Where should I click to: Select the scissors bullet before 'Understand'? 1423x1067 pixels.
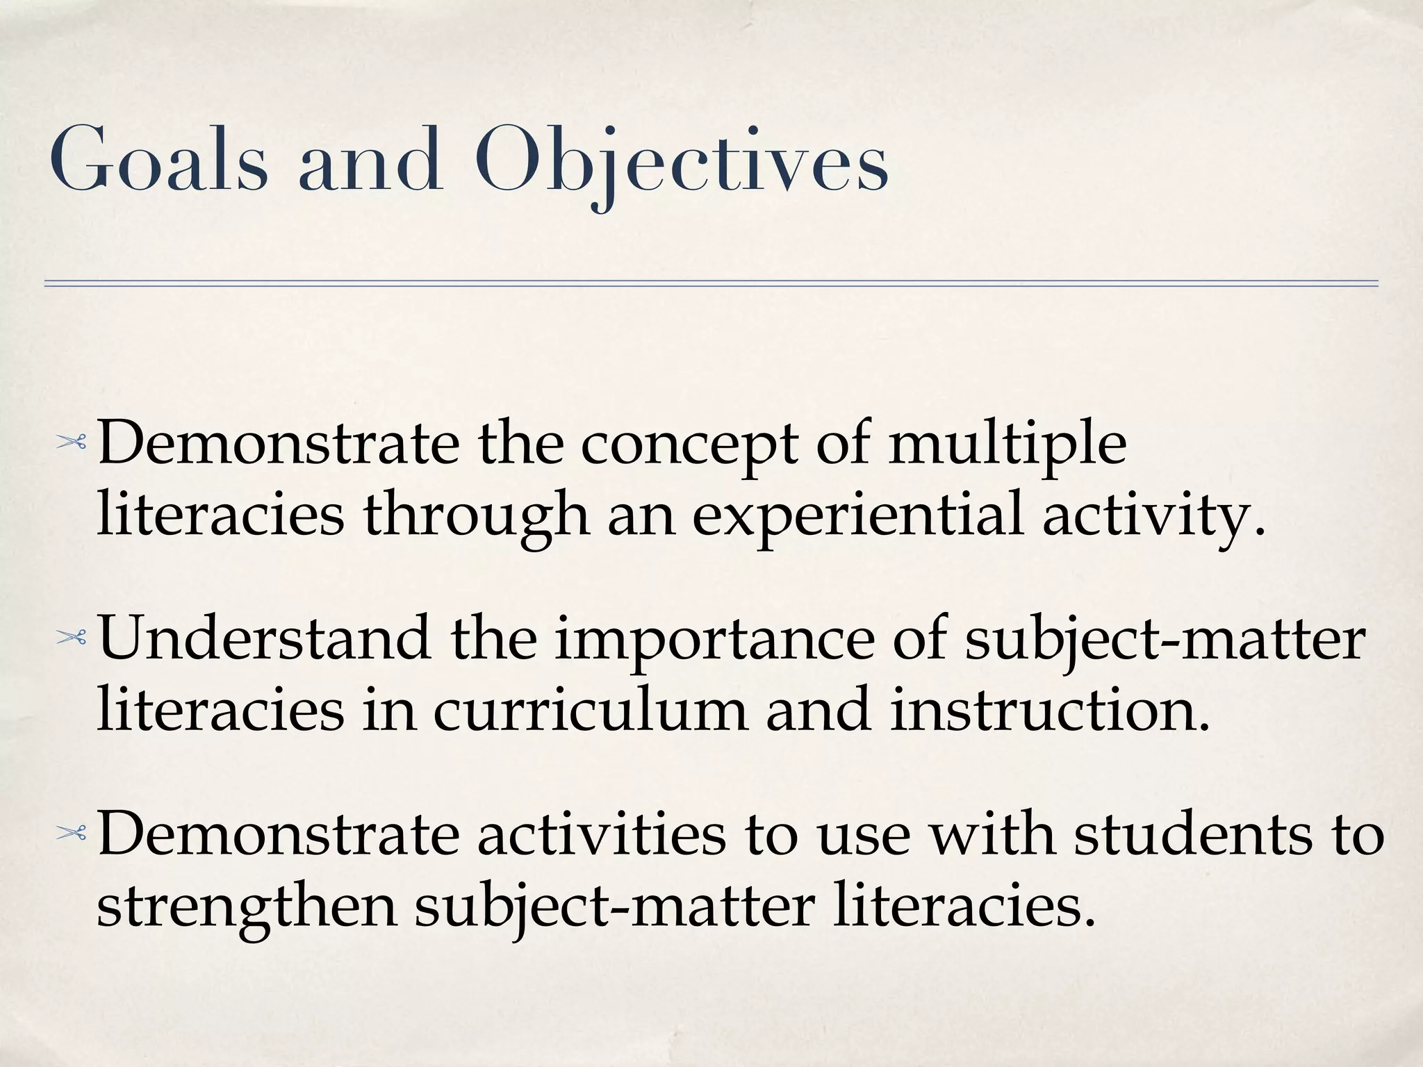72,638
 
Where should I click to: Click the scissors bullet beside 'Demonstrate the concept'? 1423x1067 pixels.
72,442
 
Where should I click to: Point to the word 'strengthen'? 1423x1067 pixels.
247,907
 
